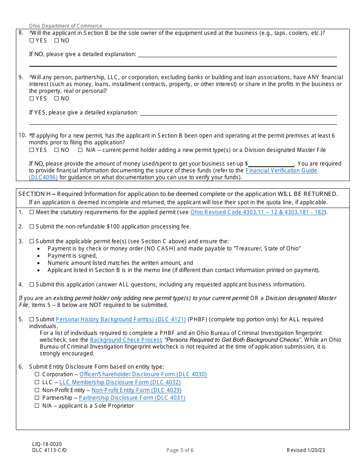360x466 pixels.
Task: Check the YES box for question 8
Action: pos(31,41)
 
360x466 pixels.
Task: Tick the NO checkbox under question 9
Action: pos(56,99)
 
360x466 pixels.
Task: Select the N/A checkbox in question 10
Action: pos(80,150)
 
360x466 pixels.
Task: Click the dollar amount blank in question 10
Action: pos(271,164)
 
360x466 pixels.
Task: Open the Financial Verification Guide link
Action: pos(281,170)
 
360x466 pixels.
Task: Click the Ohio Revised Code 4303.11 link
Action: pos(257,212)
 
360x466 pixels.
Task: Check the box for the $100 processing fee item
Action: pos(31,227)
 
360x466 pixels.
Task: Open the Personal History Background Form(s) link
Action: pos(121,319)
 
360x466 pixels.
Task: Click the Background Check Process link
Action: pos(126,340)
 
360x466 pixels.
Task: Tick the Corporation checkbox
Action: pos(37,374)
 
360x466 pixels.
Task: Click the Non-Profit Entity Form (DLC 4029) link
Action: pos(136,390)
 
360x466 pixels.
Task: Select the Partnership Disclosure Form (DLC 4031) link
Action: pos(132,398)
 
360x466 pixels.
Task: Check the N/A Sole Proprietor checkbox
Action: pos(37,406)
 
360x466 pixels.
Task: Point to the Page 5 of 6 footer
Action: pos(180,450)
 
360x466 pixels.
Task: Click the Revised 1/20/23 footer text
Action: pos(306,450)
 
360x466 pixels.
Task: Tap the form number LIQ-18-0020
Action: pos(47,444)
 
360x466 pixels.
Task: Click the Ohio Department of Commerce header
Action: pos(66,26)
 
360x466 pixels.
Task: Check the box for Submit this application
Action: pos(31,285)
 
